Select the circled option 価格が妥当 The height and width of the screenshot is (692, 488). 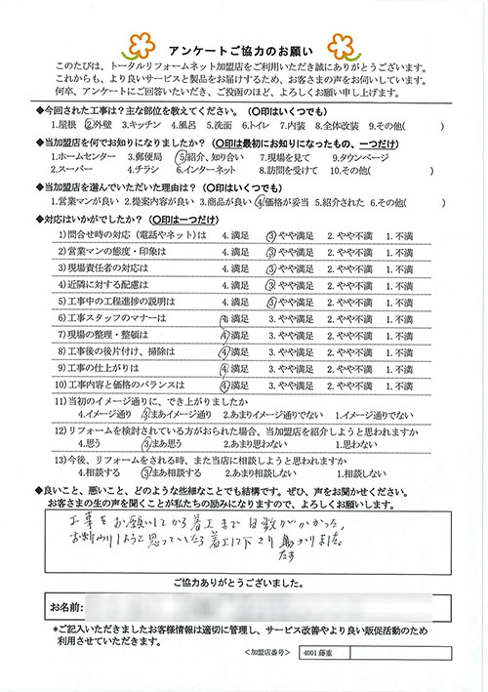[282, 202]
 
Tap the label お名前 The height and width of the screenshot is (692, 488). [60, 607]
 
